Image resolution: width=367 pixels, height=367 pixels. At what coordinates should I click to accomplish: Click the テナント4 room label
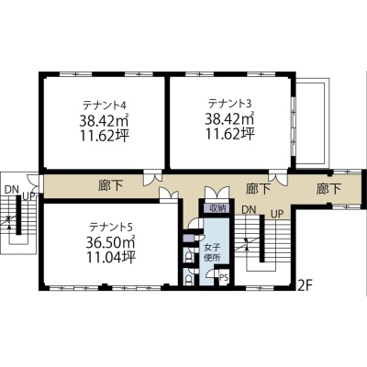[x=105, y=105]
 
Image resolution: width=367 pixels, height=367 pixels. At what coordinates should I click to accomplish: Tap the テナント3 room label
[x=229, y=104]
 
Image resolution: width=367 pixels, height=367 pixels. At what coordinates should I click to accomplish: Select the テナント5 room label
[x=110, y=228]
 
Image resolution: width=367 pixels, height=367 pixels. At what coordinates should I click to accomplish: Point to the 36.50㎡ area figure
[x=110, y=242]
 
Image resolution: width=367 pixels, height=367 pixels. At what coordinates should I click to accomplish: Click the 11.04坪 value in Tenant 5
[x=110, y=257]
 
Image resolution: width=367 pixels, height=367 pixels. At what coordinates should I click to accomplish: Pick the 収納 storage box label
[x=217, y=209]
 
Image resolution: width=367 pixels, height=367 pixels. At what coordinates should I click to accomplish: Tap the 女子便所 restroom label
[x=212, y=252]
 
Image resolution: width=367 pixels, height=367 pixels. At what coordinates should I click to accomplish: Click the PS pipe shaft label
[x=224, y=278]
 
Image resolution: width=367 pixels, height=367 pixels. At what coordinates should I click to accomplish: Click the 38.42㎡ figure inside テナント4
[x=105, y=120]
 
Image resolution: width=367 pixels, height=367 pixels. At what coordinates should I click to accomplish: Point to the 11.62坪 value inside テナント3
[x=229, y=134]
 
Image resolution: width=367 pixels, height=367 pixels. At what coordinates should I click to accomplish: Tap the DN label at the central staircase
[x=249, y=210]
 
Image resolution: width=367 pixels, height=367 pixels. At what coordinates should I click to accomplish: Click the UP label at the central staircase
[x=277, y=214]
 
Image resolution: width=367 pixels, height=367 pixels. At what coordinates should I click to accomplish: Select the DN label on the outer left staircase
[x=12, y=190]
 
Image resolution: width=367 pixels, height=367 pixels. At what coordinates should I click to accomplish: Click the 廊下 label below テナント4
[x=111, y=186]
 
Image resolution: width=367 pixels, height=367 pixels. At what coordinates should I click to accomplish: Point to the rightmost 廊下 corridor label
[x=328, y=189]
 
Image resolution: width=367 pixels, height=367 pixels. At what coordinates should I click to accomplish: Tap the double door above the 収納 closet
[x=217, y=193]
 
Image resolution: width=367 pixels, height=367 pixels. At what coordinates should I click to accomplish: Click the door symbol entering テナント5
[x=169, y=194]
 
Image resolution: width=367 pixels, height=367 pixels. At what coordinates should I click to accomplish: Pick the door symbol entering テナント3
[x=278, y=179]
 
